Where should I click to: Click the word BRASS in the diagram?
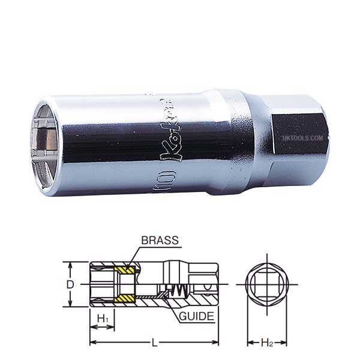pyautogui.click(x=160, y=241)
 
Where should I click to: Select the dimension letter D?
pyautogui.click(x=70, y=285)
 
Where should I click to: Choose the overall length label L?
pyautogui.click(x=155, y=343)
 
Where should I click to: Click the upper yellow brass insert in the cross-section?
pyautogui.click(x=125, y=271)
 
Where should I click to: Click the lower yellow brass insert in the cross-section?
pyautogui.click(x=125, y=298)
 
